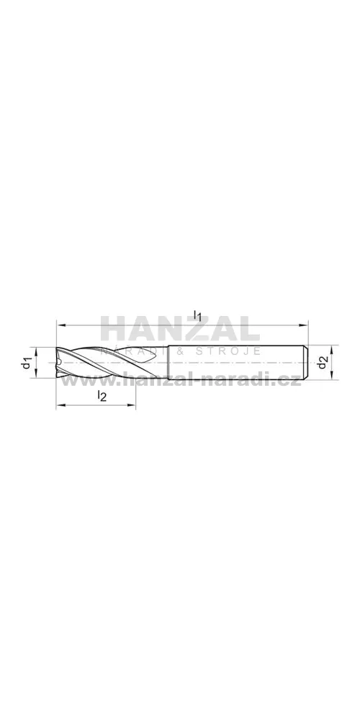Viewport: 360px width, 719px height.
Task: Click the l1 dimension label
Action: pos(198,315)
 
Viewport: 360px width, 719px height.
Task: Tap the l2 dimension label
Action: pos(102,396)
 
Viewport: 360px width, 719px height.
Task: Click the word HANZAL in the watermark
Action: pos(180,329)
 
